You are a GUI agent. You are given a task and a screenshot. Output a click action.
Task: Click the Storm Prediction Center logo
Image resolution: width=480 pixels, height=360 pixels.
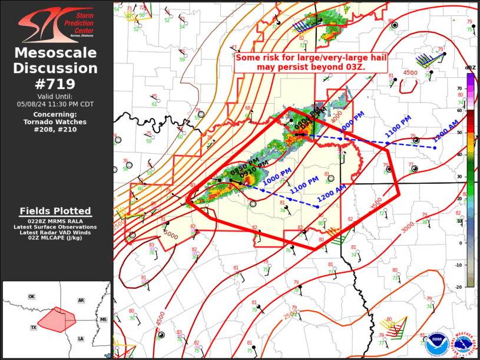pyautogui.click(x=56, y=25)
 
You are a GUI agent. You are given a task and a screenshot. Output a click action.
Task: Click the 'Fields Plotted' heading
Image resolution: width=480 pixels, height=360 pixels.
pyautogui.click(x=55, y=211)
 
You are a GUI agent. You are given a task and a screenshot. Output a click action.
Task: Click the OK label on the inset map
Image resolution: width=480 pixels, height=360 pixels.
pyautogui.click(x=32, y=296)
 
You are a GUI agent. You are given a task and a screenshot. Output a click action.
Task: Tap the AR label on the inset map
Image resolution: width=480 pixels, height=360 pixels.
pyautogui.click(x=81, y=300)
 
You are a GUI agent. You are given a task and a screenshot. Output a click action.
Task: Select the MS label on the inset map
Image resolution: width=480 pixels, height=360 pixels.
pyautogui.click(x=104, y=319)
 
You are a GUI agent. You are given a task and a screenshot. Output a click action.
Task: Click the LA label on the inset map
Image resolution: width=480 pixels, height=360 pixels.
pyautogui.click(x=80, y=339)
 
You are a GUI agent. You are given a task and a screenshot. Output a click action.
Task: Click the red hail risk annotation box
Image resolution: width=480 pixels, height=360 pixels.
pyautogui.click(x=300, y=62)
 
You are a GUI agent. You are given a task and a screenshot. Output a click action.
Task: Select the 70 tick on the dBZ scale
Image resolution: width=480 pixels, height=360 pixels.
pyautogui.click(x=459, y=88)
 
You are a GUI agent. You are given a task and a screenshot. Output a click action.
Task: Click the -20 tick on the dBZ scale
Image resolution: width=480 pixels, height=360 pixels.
pyautogui.click(x=459, y=287)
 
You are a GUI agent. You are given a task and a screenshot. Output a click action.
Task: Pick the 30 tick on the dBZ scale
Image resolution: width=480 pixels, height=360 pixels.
pyautogui.click(x=459, y=177)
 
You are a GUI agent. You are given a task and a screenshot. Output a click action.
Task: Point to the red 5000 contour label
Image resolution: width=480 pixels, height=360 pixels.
pyautogui.click(x=171, y=235)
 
